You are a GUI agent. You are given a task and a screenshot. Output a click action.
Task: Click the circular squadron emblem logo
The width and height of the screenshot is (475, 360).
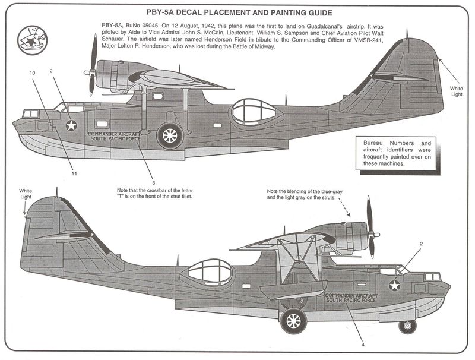click(x=33, y=40)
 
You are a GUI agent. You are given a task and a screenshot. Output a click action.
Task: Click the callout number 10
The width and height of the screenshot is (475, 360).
click(x=33, y=72)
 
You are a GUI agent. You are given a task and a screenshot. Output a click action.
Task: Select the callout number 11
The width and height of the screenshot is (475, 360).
click(x=74, y=173)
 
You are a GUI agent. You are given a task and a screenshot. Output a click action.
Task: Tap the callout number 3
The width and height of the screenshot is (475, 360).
click(x=154, y=183)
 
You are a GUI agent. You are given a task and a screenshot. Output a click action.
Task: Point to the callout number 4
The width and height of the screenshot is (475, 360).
click(x=363, y=345)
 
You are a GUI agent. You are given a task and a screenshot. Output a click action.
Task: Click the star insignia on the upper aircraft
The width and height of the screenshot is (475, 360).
click(x=71, y=125)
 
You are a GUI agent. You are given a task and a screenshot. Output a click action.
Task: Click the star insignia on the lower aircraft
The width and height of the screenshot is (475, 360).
click(x=394, y=286)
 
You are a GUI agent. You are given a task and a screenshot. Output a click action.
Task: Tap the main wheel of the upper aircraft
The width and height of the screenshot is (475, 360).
click(x=170, y=135)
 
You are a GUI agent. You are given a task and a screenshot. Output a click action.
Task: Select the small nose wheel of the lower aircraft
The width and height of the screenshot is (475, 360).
click(x=408, y=326)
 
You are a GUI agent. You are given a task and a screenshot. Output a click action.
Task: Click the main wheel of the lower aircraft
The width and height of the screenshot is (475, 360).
click(x=293, y=321)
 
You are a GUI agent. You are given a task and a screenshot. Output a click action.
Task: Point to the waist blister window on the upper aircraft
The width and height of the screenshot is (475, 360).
click(x=253, y=112)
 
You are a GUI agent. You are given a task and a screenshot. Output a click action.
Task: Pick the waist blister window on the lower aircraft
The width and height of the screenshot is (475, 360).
click(x=210, y=273)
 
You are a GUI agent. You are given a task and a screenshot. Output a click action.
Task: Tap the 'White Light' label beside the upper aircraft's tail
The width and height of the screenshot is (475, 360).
click(x=457, y=91)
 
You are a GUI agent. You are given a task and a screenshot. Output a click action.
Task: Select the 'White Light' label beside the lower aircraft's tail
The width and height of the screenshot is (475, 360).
click(x=26, y=194)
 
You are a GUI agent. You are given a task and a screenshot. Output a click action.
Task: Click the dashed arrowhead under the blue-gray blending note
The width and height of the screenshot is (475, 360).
click(x=348, y=214)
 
